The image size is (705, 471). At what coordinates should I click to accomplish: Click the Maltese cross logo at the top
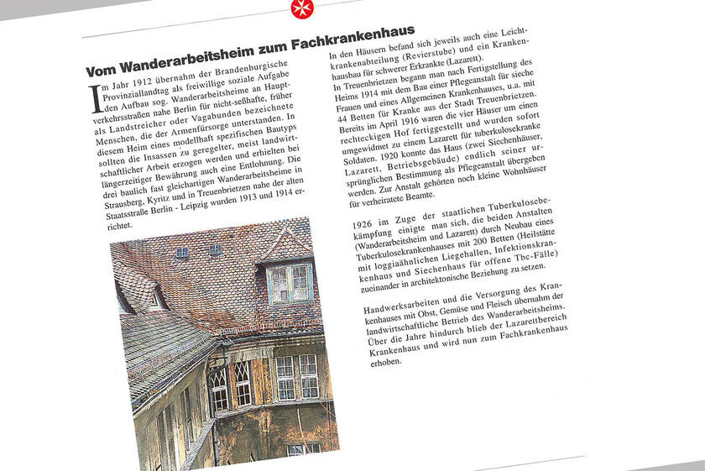click(x=299, y=9)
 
